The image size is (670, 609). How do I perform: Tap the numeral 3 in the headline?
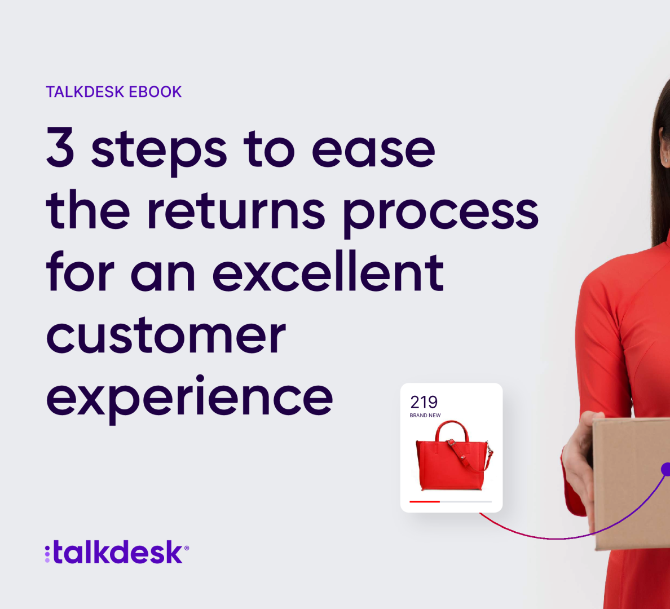pyautogui.click(x=60, y=147)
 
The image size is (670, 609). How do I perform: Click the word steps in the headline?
pyautogui.click(x=159, y=152)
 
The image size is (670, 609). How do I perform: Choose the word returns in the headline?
pyautogui.click(x=236, y=211)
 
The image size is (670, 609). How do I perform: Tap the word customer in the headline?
pyautogui.click(x=166, y=336)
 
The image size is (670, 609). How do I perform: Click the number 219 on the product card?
pyautogui.click(x=424, y=402)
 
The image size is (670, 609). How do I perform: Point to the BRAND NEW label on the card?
pyautogui.click(x=425, y=416)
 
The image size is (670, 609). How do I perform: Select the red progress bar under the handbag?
pyautogui.click(x=425, y=501)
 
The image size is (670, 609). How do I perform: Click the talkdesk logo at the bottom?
pyautogui.click(x=117, y=552)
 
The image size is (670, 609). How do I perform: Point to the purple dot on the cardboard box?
pyautogui.click(x=665, y=469)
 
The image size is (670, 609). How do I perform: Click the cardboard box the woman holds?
pyautogui.click(x=632, y=483)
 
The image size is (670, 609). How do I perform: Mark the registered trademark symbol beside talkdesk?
pyautogui.click(x=186, y=548)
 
